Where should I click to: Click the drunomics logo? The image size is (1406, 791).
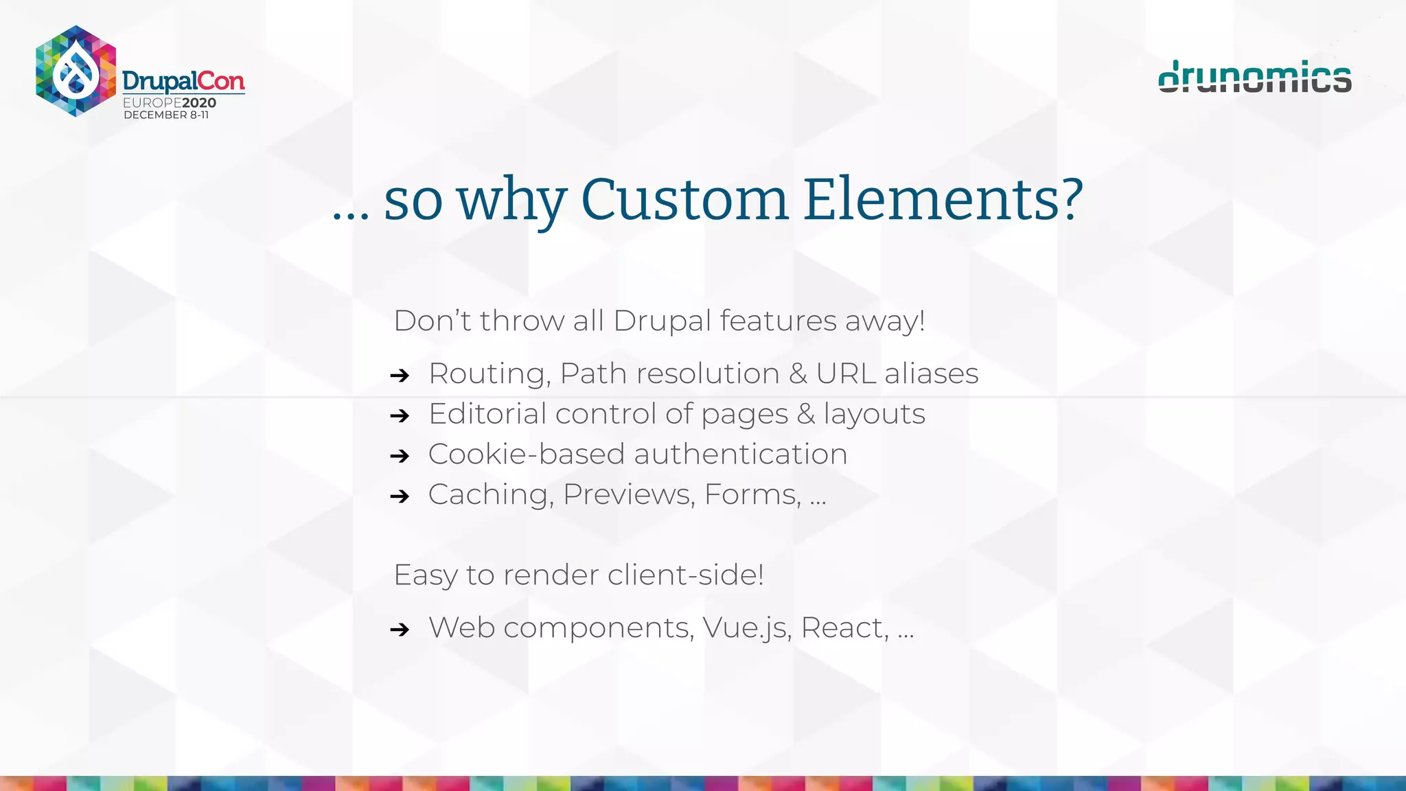1254,77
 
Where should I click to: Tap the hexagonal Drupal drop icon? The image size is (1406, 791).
76,71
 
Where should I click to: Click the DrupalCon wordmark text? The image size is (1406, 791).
183,81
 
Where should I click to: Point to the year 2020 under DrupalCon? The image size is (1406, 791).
199,103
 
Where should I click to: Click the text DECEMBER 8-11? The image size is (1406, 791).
166,115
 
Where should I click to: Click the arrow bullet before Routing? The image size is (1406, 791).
400,376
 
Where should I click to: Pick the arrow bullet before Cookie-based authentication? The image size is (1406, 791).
400,456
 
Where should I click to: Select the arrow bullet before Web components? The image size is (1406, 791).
400,629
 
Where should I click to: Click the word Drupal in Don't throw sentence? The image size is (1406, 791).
662,321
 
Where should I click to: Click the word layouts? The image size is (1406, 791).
874,415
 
